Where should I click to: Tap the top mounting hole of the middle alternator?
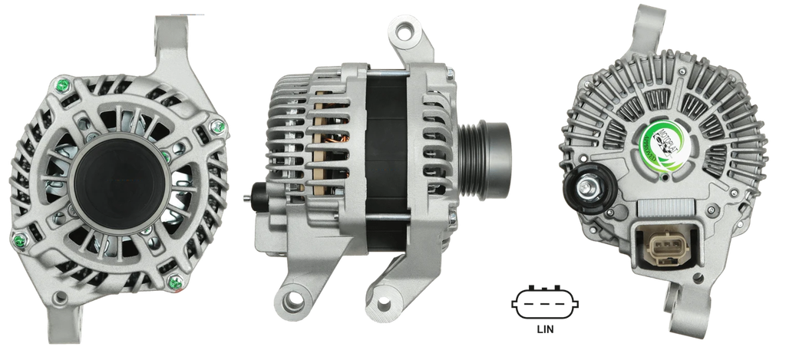pos(404,31)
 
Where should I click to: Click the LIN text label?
pos(546,331)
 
